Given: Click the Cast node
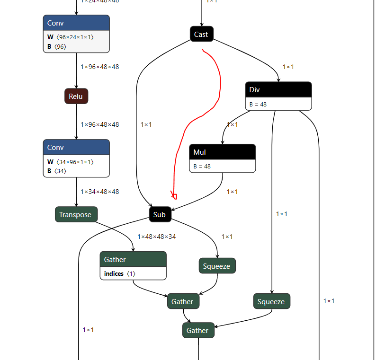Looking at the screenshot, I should [201, 34].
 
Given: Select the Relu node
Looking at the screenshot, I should [76, 97].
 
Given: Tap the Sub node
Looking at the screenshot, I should [160, 215].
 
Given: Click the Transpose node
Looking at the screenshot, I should [76, 214].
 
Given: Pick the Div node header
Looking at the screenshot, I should [278, 90].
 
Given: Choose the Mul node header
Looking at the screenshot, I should [222, 152].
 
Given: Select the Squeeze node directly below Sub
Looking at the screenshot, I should [217, 266].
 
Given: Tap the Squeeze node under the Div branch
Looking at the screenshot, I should [271, 301].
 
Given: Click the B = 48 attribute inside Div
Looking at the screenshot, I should [258, 104].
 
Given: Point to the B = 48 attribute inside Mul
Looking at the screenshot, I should [202, 167].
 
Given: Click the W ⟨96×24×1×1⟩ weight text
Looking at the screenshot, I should [71, 37].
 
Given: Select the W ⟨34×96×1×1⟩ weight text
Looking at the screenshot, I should [71, 162].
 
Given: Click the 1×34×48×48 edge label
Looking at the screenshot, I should [100, 192].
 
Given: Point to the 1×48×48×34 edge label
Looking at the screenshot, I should [157, 237].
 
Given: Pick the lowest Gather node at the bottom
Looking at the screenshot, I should [198, 330].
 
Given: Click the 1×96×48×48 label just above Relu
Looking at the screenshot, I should [100, 67].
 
